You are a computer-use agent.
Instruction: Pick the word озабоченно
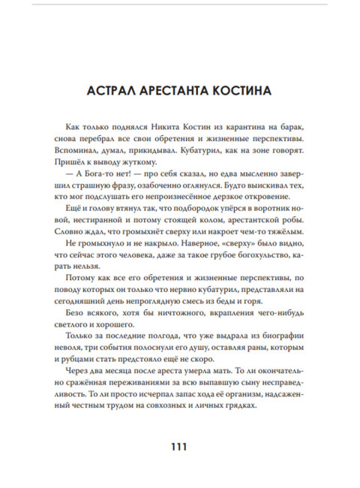pyautogui.click(x=172, y=193)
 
